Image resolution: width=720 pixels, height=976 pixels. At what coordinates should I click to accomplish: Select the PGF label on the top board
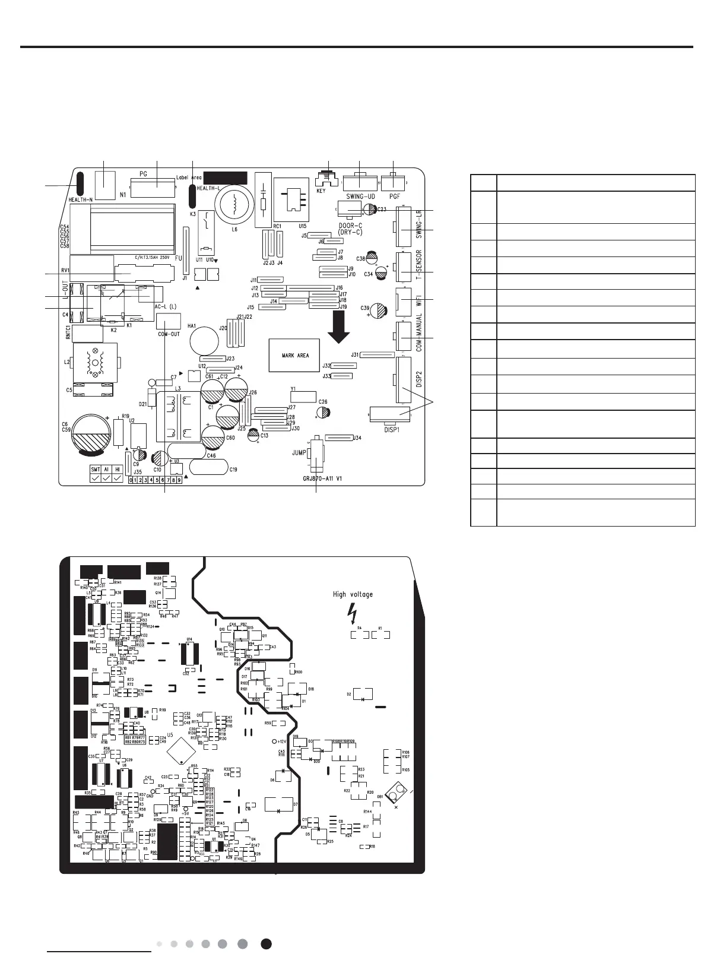click(x=394, y=197)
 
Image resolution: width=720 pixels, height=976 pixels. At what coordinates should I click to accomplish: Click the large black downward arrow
click(x=340, y=330)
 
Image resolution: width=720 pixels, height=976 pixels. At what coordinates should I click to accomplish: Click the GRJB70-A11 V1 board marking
click(x=318, y=476)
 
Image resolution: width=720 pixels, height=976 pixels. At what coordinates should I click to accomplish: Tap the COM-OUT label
click(x=169, y=334)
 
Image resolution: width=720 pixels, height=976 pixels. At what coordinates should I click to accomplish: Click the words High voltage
click(x=353, y=594)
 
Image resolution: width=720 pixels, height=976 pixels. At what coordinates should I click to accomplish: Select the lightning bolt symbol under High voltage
click(x=354, y=610)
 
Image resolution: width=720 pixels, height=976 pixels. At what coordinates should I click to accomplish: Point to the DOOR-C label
click(x=348, y=226)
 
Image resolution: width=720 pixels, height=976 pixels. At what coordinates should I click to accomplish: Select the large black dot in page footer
click(x=267, y=944)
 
